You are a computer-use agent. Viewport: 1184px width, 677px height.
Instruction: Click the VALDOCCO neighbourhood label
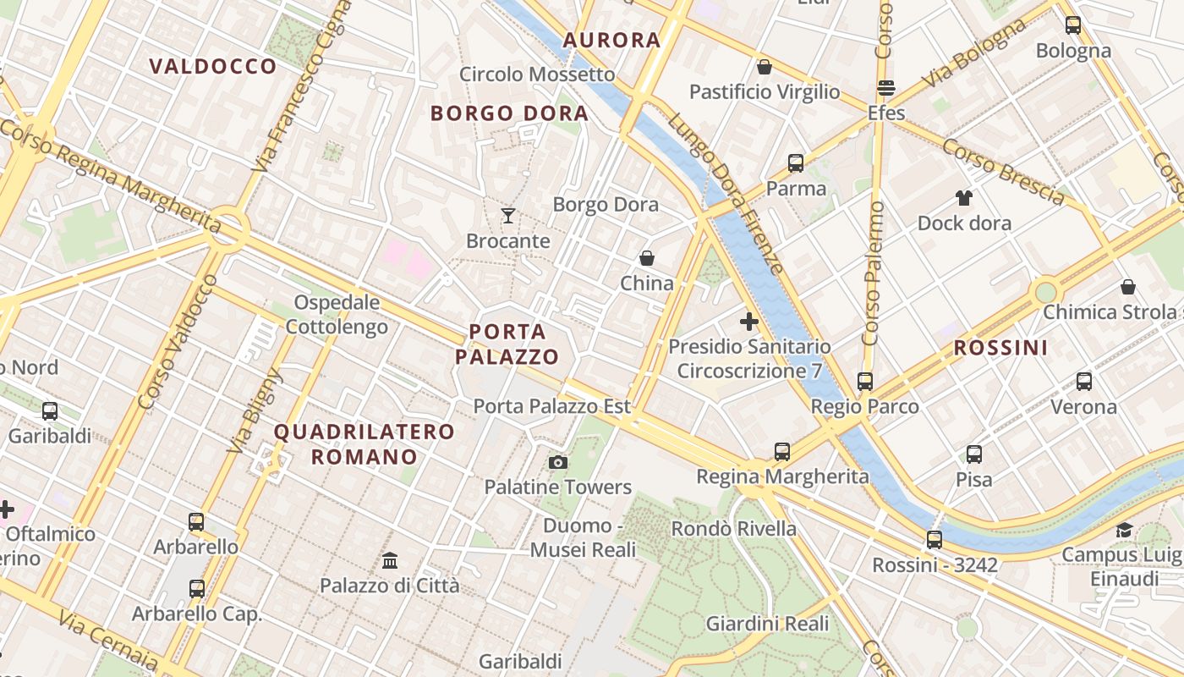[x=212, y=66]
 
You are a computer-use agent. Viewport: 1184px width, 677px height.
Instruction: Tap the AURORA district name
[x=611, y=40]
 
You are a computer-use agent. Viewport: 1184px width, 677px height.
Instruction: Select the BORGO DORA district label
[x=509, y=113]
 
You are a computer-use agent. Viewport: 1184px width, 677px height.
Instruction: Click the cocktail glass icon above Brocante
[x=508, y=216]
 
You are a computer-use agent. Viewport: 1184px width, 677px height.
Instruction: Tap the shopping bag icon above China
[x=647, y=258]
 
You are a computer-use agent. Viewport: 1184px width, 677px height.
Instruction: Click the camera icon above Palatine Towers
[x=557, y=462]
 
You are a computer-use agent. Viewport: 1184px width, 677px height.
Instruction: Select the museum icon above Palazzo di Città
[x=390, y=560]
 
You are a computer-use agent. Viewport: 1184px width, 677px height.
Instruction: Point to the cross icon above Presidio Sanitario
[x=748, y=322]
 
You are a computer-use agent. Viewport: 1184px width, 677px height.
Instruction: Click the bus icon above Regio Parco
[x=864, y=382]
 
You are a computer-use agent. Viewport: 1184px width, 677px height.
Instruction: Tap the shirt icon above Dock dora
[x=964, y=198]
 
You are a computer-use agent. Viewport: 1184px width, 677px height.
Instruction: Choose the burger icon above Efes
[x=886, y=88]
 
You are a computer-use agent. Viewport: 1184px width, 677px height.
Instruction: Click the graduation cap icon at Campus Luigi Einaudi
[x=1124, y=531]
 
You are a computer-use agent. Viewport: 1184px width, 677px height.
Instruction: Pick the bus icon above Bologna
[x=1073, y=25]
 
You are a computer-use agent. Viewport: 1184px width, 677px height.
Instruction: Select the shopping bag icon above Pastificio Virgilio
[x=765, y=67]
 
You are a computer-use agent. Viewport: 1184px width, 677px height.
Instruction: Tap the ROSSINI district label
[x=1000, y=348]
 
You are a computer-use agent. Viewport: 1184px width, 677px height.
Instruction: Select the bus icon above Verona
[x=1084, y=382]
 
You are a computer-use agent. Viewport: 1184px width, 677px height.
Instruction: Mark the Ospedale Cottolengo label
[x=337, y=315]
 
